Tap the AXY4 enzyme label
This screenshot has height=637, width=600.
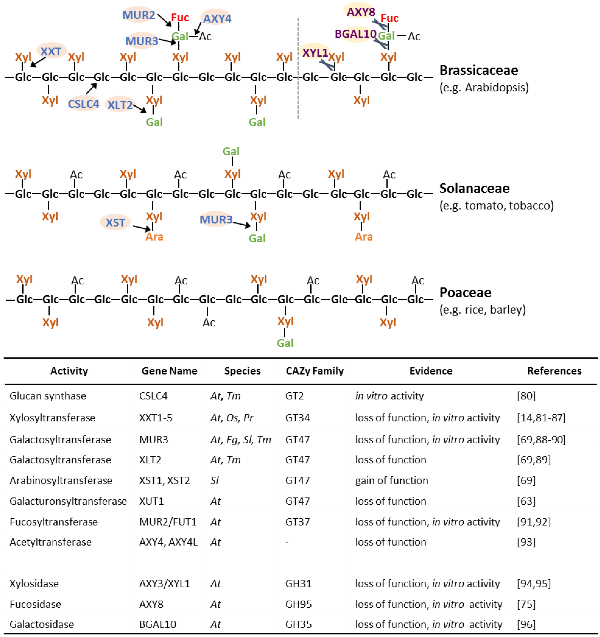click(x=217, y=19)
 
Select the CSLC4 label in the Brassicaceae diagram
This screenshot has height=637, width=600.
click(x=84, y=104)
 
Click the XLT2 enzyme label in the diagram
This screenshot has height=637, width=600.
click(x=120, y=105)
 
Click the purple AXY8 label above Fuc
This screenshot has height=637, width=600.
click(x=361, y=12)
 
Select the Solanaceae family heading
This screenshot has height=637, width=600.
click(x=474, y=188)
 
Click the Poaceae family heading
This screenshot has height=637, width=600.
click(x=465, y=293)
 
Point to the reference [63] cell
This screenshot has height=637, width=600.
click(x=526, y=501)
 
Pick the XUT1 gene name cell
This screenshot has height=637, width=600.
click(x=151, y=501)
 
